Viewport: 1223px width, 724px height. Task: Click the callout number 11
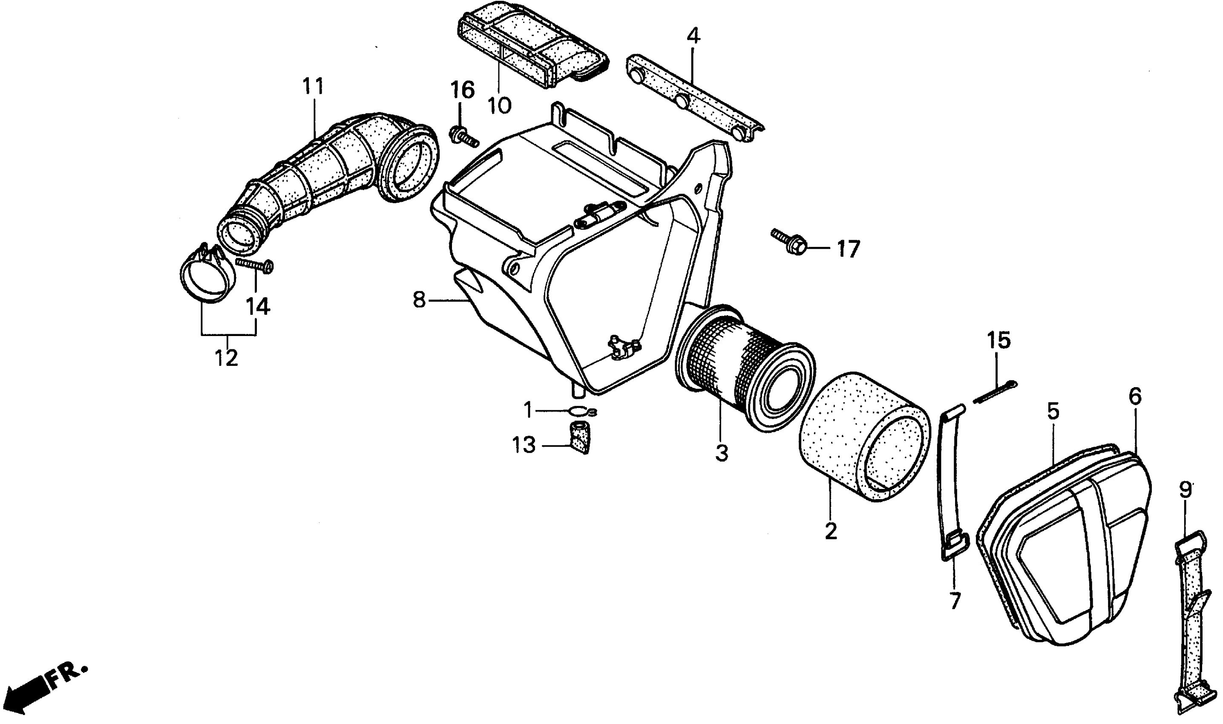313,86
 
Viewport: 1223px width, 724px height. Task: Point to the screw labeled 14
255,264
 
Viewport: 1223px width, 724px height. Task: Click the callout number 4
693,36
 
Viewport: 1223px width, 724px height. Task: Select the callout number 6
1135,396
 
